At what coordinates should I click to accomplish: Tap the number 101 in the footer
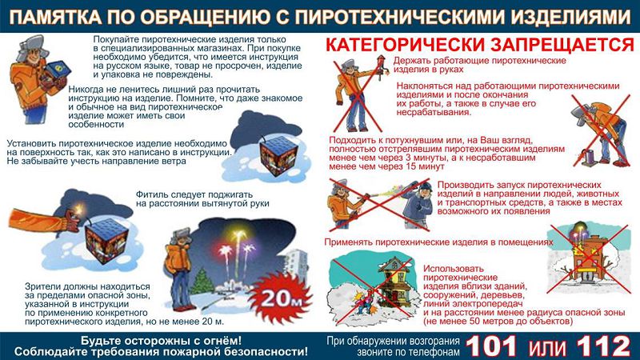[x=492, y=346]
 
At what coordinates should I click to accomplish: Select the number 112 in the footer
[x=603, y=346]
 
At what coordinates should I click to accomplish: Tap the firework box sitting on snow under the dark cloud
[x=278, y=156]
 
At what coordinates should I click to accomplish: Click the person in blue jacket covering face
[x=418, y=205]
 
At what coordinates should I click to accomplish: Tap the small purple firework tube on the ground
[x=590, y=157]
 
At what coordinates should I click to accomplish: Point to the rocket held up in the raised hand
[x=381, y=66]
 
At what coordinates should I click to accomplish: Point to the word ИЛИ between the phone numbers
[x=547, y=348]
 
